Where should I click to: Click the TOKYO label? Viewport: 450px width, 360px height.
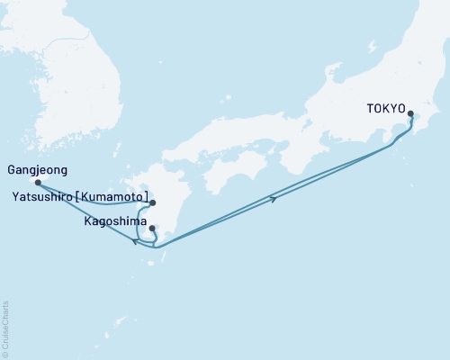(386, 109)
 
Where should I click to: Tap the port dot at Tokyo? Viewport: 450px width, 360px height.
(411, 114)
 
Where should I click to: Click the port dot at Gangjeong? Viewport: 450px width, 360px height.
(38, 182)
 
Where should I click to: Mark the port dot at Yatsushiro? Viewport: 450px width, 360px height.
(153, 203)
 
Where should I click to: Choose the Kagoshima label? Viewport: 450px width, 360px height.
(111, 220)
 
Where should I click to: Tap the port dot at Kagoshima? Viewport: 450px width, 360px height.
(152, 228)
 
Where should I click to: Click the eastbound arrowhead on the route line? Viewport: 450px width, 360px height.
(273, 198)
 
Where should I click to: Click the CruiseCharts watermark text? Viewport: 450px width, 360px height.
(5, 329)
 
